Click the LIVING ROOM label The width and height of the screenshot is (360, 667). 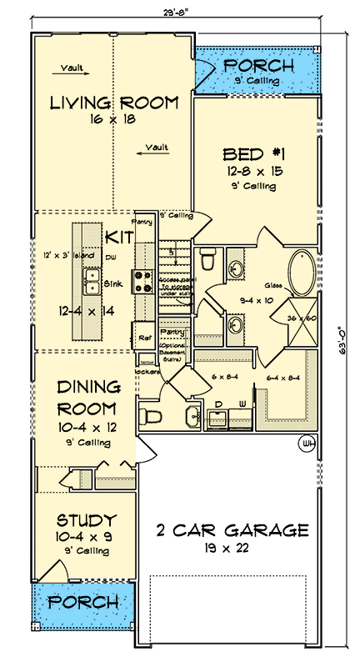[113, 103]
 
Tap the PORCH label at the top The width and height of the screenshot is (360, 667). [260, 65]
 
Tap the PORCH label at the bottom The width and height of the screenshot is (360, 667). [81, 602]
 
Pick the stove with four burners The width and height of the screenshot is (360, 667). [139, 277]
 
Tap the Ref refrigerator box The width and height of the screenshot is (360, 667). [144, 338]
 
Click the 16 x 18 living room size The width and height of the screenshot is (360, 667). [113, 119]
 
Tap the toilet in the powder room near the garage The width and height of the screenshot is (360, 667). [152, 415]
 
